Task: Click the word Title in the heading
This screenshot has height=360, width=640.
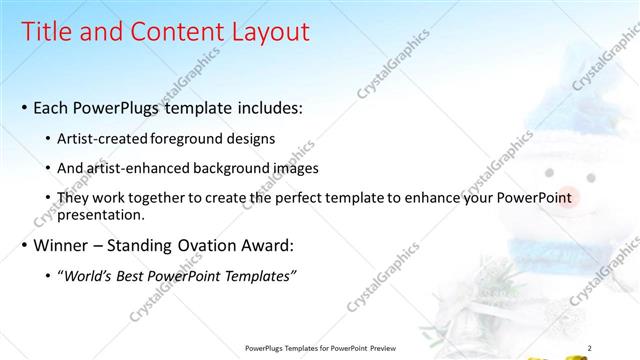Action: (49, 32)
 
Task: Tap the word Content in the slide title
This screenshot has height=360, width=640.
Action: (172, 32)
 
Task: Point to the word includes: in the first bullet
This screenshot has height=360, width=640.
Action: (267, 106)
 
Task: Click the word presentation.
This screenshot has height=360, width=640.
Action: (102, 214)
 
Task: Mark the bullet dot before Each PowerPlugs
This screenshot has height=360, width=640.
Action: (23, 107)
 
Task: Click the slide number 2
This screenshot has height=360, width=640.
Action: (589, 347)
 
